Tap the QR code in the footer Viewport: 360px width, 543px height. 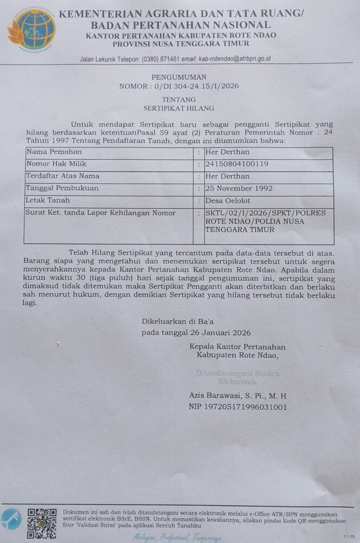42,523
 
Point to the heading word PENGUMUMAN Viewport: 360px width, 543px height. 179,77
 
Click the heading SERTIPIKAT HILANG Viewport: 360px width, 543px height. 179,108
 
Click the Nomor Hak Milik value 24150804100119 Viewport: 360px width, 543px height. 236,164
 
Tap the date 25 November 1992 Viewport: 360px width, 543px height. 239,188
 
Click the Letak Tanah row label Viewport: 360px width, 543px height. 48,201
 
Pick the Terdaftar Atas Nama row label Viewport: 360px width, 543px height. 63,176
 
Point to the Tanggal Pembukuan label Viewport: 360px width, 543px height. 62,188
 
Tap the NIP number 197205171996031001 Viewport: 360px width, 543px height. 237,407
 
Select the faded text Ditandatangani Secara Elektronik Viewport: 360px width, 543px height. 237,378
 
